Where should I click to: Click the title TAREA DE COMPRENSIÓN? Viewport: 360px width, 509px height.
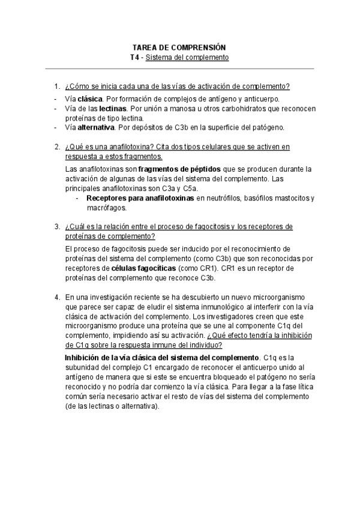pyautogui.click(x=179, y=47)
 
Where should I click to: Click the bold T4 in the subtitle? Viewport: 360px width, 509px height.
pyautogui.click(x=135, y=58)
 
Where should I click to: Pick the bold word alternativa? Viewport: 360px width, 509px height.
pyautogui.click(x=96, y=128)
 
